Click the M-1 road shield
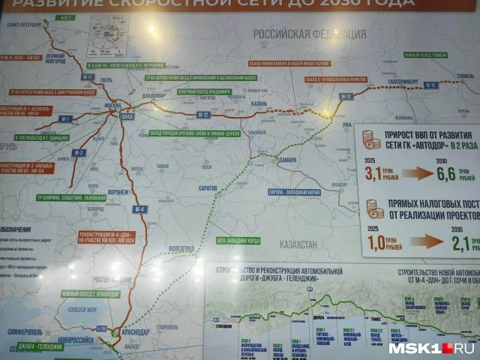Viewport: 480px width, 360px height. coord(66,118)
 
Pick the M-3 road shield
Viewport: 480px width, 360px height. coord(79,152)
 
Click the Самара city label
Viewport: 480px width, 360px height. coord(286,160)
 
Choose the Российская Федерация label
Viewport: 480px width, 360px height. coord(309,34)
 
